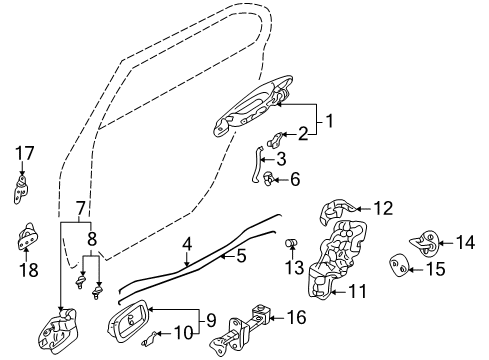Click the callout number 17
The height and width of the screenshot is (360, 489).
[x=25, y=153]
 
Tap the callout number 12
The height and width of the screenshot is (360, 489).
[x=383, y=209]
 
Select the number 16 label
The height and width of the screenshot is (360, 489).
[x=296, y=317]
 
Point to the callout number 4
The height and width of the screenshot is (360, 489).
[x=188, y=244]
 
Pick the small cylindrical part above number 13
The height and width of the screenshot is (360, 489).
[x=292, y=243]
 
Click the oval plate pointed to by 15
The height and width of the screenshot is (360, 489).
[x=398, y=265]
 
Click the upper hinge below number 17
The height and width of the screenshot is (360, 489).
[x=21, y=189]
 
